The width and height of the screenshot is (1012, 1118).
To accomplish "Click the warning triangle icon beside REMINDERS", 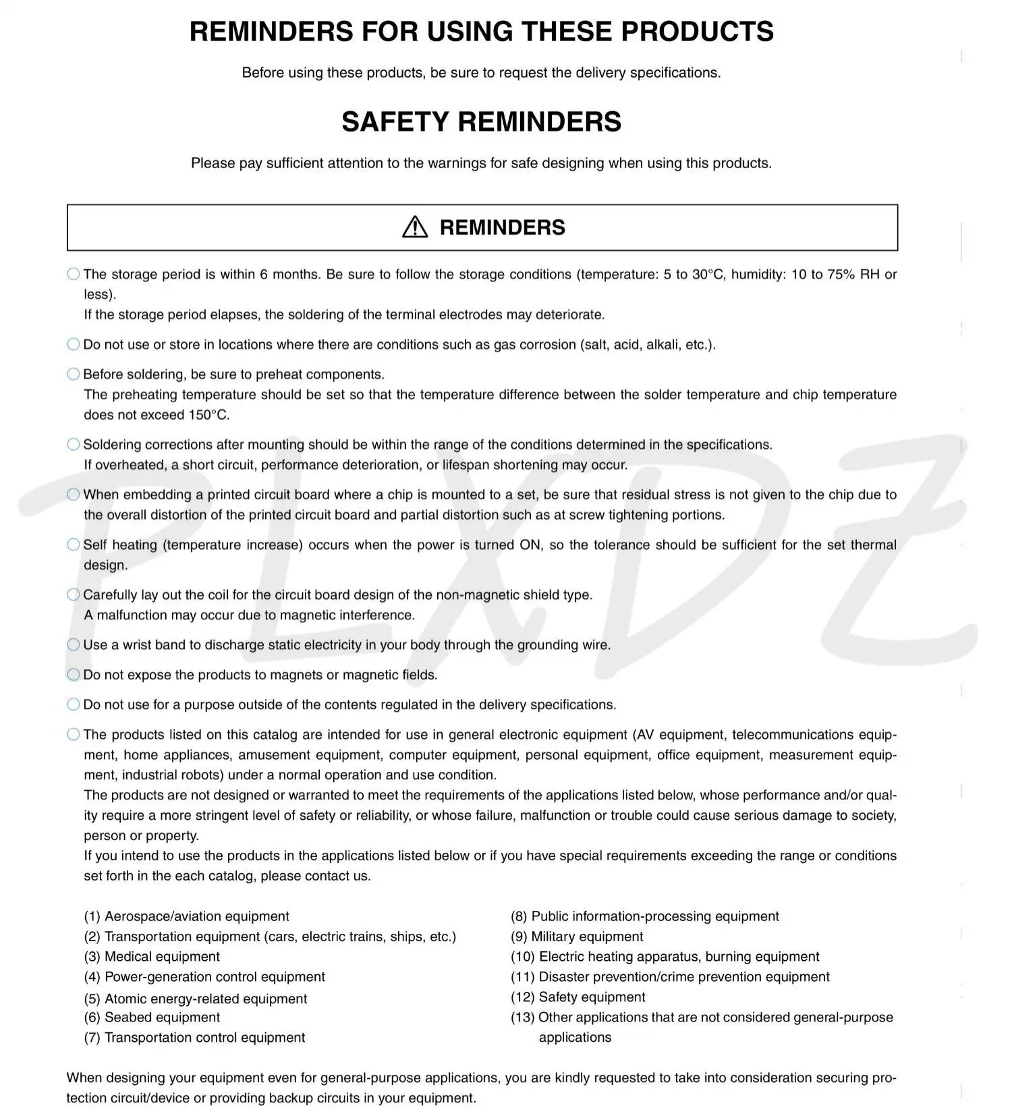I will tap(415, 227).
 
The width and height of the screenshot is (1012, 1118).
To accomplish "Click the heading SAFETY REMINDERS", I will tap(481, 122).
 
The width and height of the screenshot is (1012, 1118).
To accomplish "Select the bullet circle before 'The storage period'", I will tap(74, 274).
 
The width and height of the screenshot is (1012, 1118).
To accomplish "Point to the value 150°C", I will tap(208, 415).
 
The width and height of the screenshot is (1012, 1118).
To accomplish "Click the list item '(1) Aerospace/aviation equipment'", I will tap(186, 916).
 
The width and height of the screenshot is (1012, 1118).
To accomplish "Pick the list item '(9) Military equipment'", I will tap(577, 937).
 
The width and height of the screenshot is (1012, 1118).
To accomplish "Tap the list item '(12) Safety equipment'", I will tap(578, 997).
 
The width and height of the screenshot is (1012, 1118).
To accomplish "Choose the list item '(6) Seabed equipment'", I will tap(152, 1017).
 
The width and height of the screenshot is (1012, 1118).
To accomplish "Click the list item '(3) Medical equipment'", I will tap(152, 957).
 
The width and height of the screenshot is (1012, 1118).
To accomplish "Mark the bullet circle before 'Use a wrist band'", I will tap(74, 645).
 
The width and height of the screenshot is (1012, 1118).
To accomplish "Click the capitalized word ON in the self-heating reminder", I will tap(530, 545).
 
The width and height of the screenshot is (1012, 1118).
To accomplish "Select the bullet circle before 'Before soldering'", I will tap(74, 374).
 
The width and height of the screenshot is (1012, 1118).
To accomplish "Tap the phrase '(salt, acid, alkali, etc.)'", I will tap(647, 345).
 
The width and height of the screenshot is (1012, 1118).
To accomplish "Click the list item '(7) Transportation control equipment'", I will tap(194, 1038).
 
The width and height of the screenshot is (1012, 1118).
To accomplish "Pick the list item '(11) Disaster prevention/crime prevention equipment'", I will tap(670, 977).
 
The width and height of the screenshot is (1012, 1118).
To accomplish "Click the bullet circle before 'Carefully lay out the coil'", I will tap(74, 595).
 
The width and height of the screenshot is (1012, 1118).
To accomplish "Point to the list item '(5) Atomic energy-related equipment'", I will tap(196, 999).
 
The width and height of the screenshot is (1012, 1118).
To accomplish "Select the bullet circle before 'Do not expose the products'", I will tap(74, 675).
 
